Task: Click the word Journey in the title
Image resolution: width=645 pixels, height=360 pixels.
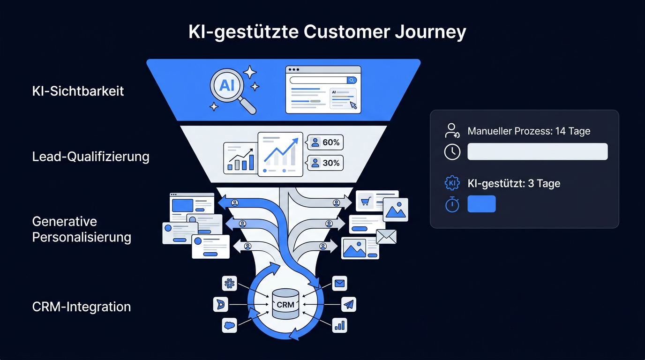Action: tap(430, 32)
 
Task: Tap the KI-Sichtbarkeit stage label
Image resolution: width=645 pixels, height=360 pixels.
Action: tap(78, 91)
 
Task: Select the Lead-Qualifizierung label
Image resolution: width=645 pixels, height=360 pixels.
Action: tap(91, 157)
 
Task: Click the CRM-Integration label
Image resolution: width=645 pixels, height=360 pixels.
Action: tap(82, 307)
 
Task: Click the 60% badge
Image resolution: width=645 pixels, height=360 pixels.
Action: tap(325, 142)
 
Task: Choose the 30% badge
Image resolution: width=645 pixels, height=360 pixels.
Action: tap(325, 163)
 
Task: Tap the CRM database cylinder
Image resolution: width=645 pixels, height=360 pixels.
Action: tap(285, 304)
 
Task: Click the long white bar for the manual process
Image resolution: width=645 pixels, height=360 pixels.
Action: tap(538, 151)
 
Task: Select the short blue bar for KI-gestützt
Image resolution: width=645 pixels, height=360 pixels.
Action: tap(481, 204)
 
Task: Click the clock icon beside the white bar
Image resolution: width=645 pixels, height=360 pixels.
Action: tap(452, 152)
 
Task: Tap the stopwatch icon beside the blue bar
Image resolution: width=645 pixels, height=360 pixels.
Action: tap(452, 204)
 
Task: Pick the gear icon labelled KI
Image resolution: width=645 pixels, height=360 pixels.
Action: tap(452, 183)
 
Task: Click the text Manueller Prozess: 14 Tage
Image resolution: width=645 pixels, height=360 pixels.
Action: tap(529, 131)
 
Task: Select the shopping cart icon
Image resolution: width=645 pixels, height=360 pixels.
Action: tap(365, 201)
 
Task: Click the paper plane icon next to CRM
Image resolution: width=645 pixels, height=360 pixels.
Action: tap(349, 304)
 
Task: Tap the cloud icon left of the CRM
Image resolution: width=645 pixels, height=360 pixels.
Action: tap(230, 325)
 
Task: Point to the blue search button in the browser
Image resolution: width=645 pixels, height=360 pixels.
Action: tap(352, 80)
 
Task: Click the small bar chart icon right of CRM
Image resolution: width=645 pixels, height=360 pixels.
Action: tap(339, 325)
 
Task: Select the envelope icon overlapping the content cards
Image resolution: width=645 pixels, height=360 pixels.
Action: tap(386, 237)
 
